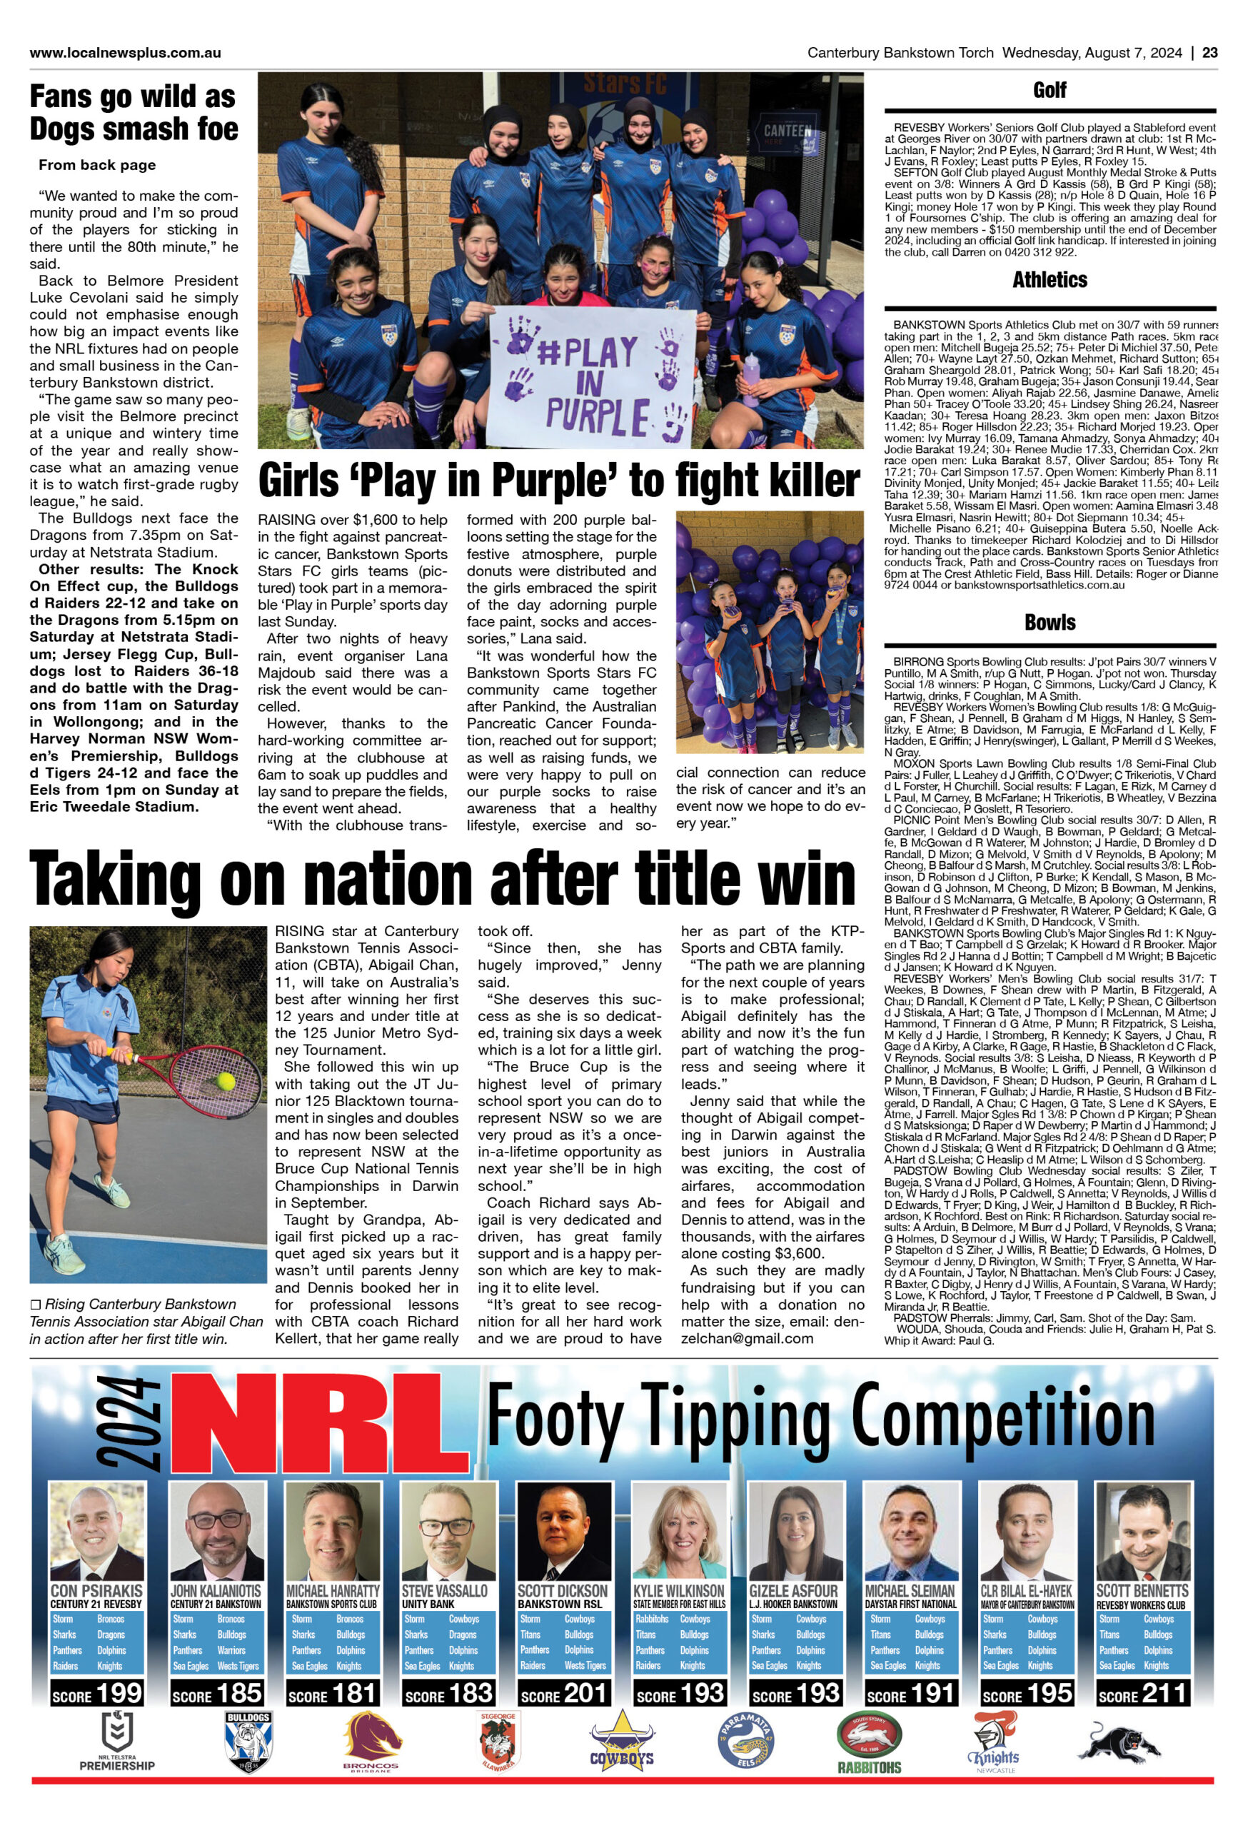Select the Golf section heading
tap(1049, 91)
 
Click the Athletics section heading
tap(1049, 280)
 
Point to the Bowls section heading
tap(1049, 622)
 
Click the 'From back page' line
tap(96, 165)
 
